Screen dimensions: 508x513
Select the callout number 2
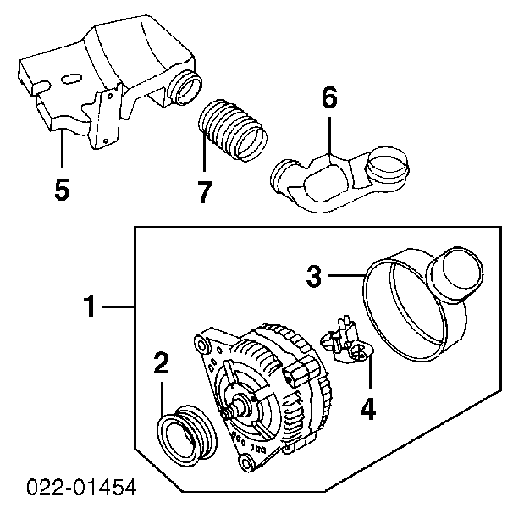[162, 365]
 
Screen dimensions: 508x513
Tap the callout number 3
[314, 276]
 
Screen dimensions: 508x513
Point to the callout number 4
[367, 409]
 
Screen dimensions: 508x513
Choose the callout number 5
[62, 190]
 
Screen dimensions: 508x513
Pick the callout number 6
[328, 99]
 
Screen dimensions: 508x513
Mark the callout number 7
[204, 192]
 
